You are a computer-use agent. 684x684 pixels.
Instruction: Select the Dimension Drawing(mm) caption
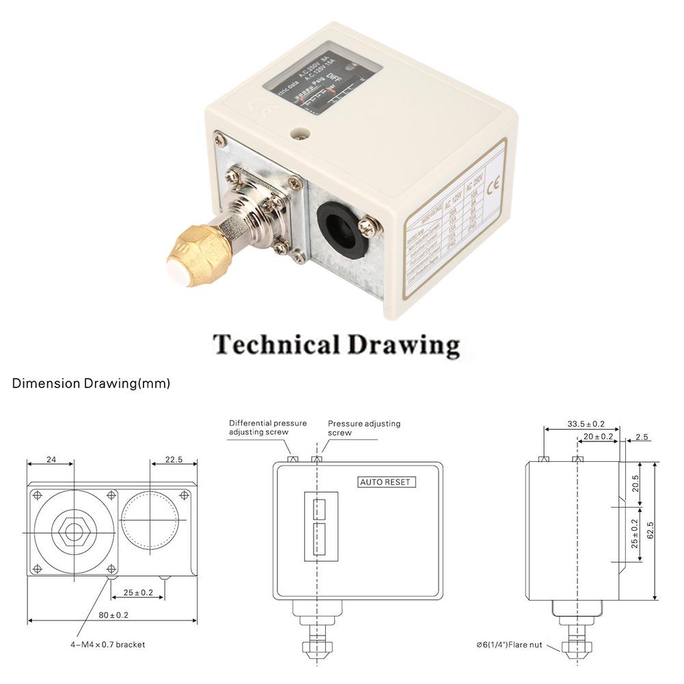pos(91,383)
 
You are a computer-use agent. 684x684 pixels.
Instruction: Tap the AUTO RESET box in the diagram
pos(387,482)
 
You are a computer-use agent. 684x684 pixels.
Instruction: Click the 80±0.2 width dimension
pos(113,615)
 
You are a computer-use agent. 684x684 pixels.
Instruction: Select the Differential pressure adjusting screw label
pos(268,428)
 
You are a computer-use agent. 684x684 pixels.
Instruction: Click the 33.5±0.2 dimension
pos(586,424)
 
